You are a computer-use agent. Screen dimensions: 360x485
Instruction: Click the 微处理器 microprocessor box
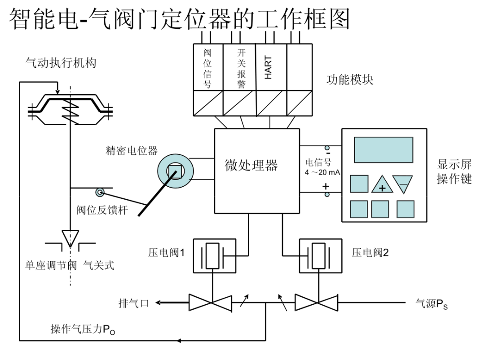point(256,171)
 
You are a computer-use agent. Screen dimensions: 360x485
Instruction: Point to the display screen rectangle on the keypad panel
point(384,150)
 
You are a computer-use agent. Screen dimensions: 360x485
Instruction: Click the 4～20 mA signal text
point(322,172)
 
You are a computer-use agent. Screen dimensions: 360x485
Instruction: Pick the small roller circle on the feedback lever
point(99,193)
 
